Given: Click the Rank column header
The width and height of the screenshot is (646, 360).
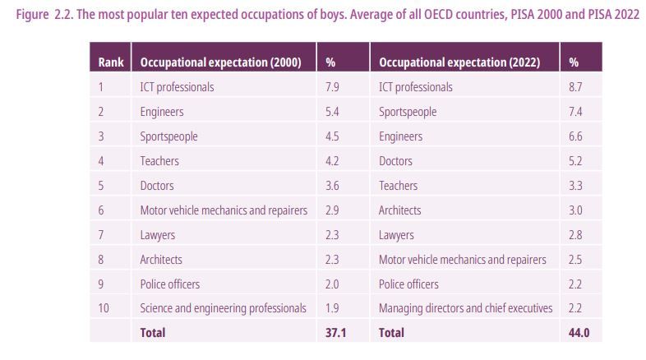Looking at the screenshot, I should [x=110, y=62].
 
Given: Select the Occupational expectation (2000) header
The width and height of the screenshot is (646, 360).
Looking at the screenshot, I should [x=220, y=62].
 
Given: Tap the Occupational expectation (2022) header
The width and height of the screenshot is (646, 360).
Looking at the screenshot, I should [x=459, y=62].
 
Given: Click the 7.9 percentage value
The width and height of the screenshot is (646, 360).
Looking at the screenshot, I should [x=332, y=87].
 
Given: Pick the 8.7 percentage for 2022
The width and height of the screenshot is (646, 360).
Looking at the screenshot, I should [x=574, y=87].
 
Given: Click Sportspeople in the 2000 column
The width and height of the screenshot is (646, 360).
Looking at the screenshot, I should [x=168, y=136].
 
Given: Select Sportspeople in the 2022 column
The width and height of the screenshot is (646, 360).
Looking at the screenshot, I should [x=408, y=112].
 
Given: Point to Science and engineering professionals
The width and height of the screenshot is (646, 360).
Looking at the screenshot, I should [x=223, y=308].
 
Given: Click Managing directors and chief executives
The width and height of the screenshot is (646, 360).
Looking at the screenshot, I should [x=465, y=308].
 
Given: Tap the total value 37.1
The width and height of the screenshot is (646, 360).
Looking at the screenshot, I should [x=335, y=333].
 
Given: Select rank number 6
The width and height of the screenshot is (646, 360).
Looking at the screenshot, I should [x=101, y=210].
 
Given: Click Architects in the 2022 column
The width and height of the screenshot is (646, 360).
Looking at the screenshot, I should [x=399, y=210].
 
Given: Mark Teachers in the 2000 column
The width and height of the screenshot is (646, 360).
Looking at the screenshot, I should [x=159, y=161].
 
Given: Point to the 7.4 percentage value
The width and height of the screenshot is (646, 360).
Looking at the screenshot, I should [x=574, y=112].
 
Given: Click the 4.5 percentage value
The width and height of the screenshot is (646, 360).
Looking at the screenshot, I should [x=332, y=136].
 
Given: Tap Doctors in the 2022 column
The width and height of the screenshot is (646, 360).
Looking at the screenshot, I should [x=395, y=161].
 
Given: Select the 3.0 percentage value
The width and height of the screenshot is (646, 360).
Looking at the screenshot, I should [x=574, y=210].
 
